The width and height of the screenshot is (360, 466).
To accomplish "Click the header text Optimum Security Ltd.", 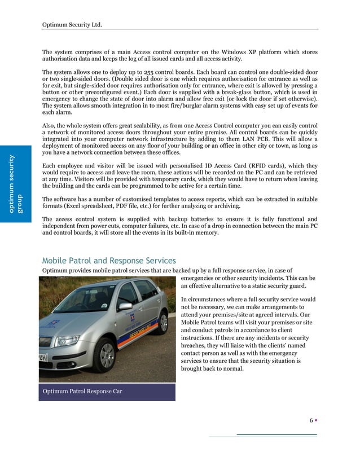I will coord(72,24).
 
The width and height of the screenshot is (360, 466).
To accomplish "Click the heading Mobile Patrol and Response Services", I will coord(109,261).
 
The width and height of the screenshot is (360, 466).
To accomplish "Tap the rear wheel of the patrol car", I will coord(163,322).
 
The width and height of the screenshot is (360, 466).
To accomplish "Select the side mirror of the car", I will coord(125,306).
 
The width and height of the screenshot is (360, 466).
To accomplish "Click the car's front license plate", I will coord(43,358).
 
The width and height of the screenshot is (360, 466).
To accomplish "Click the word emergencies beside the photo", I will coord(201,279).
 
